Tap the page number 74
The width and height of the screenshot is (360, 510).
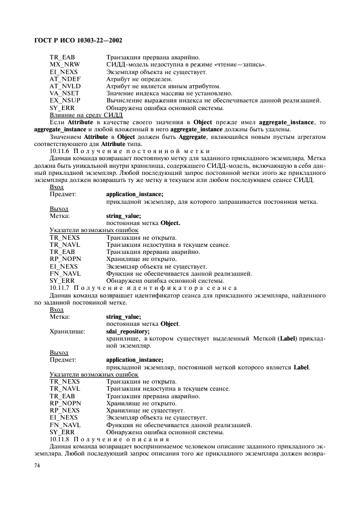tap(38, 465)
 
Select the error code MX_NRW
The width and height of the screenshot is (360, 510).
tap(65, 64)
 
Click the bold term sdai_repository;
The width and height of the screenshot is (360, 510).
tap(128, 331)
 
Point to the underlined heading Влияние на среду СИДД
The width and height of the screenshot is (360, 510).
tap(86, 114)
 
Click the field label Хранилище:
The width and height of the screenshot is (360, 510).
tap(68, 331)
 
